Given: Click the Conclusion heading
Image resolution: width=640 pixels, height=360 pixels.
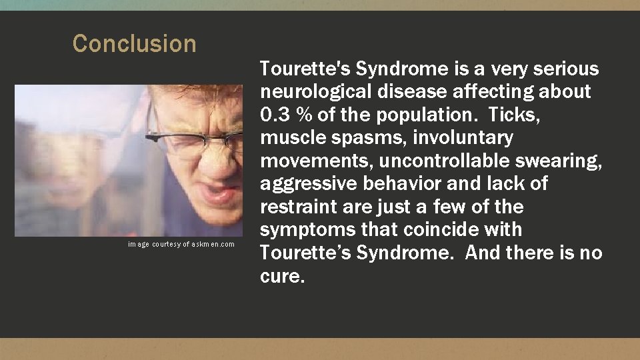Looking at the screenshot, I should coord(134,44).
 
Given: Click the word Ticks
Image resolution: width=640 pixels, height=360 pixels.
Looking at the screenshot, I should coord(513,115).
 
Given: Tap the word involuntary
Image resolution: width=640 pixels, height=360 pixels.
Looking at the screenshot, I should coord(463,138).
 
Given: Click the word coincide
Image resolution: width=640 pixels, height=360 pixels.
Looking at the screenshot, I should coord(441,230).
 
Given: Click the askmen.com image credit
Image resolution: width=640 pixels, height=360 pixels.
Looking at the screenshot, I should coord(181,245).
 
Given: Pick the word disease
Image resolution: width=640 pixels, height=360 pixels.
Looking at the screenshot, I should coord(403,92).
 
